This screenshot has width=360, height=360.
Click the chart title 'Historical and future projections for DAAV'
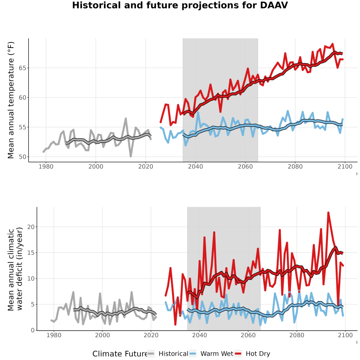180,5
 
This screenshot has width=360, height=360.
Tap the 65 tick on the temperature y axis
22,68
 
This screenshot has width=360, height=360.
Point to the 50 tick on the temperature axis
22,157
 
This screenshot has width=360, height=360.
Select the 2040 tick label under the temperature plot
195,166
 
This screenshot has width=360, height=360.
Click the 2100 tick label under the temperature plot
345,166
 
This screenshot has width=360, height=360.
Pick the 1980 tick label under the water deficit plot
54,335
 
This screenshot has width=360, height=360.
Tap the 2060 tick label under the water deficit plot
248,335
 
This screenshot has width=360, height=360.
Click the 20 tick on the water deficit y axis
31,227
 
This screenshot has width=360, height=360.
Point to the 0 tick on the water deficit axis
33,330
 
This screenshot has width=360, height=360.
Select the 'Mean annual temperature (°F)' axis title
11,100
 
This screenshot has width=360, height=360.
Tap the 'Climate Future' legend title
120,354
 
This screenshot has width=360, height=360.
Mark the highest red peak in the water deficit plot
328,213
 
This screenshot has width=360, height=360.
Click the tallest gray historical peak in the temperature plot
126,118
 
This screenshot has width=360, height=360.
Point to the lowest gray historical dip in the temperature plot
131,156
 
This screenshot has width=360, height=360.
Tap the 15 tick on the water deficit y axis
31,253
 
